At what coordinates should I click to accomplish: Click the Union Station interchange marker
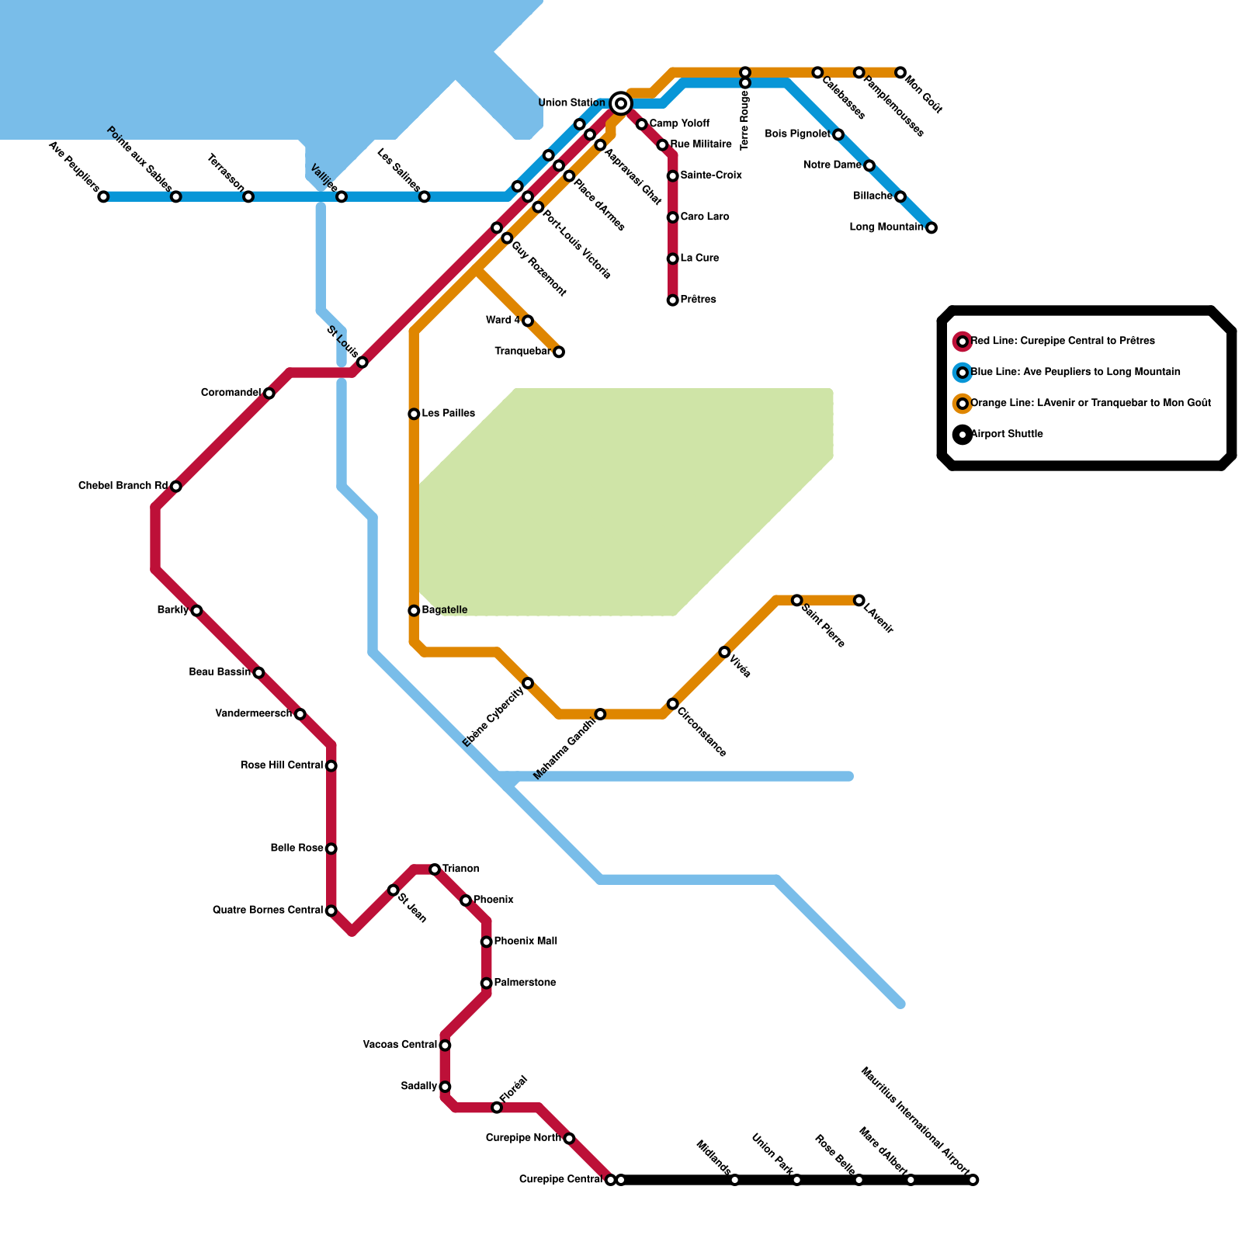(x=620, y=103)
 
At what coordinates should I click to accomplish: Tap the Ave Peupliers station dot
(x=103, y=196)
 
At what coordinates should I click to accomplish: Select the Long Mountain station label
(x=886, y=227)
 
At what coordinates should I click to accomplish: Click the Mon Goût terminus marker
(x=900, y=72)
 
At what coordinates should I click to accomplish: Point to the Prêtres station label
(x=698, y=300)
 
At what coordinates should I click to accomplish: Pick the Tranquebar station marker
(x=558, y=352)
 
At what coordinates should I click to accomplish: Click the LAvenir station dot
(x=859, y=600)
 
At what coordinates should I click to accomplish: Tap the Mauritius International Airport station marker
(x=973, y=1180)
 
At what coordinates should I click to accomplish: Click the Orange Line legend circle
(x=963, y=404)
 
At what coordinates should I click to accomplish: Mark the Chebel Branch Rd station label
(x=123, y=486)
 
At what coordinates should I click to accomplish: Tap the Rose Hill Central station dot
(x=331, y=766)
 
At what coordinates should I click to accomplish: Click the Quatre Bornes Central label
(x=267, y=910)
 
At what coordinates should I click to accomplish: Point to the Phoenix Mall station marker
(x=486, y=942)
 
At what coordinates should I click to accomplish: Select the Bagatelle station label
(x=444, y=610)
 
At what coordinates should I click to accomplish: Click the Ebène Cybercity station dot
(x=528, y=683)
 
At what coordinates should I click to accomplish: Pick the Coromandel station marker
(x=269, y=394)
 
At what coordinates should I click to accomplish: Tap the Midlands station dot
(x=734, y=1180)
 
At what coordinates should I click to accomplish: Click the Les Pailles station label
(x=448, y=414)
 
